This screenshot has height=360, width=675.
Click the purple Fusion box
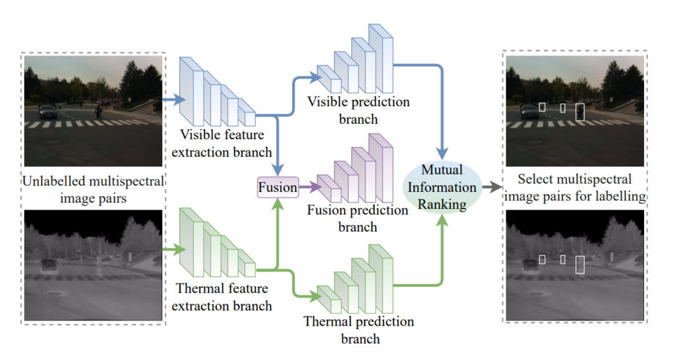pyautogui.click(x=278, y=187)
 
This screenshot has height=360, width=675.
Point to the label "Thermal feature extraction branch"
pyautogui.click(x=224, y=297)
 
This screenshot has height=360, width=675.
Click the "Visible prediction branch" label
pyautogui.click(x=359, y=110)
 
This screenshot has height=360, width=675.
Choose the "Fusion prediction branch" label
pyautogui.click(x=359, y=218)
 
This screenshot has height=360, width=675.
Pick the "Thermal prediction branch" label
pyautogui.click(x=359, y=330)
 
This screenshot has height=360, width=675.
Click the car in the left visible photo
pyautogui.click(x=48, y=111)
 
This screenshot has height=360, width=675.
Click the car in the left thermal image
pyautogui.click(x=48, y=265)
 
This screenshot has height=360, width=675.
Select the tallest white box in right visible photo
pyautogui.click(x=580, y=112)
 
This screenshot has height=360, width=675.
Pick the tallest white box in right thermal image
pyautogui.click(x=580, y=264)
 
